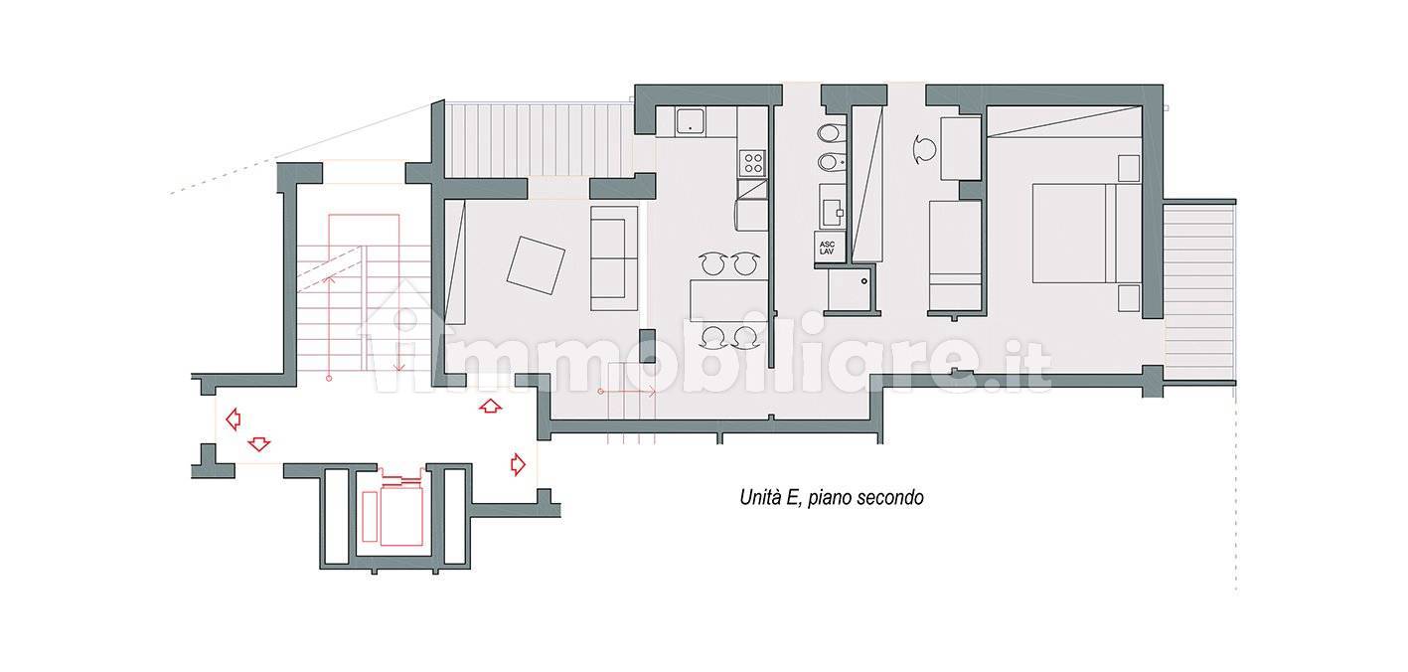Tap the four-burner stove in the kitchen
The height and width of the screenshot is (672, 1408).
[x=752, y=163]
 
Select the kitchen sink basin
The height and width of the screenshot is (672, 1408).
[x=691, y=121]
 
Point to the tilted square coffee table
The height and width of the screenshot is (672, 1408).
[x=536, y=264]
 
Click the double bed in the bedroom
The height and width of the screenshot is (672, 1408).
[x=1086, y=233]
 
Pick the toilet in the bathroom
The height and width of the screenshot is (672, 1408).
[x=829, y=133]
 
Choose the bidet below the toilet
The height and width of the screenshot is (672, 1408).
[x=830, y=163]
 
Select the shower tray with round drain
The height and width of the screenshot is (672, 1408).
[x=850, y=289]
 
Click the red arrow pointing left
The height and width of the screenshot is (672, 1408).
[x=234, y=419]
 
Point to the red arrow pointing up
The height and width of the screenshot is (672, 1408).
[x=490, y=407]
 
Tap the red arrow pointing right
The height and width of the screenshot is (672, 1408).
[x=518, y=464]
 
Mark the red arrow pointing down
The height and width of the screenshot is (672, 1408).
[x=259, y=443]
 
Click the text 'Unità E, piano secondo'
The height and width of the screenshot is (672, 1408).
[x=832, y=498]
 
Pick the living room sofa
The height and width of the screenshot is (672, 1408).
[x=614, y=257]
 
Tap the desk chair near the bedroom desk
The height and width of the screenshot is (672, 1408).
[x=924, y=150]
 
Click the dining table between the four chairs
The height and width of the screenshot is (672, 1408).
[x=728, y=300]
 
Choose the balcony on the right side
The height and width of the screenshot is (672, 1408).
[x=1198, y=290]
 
